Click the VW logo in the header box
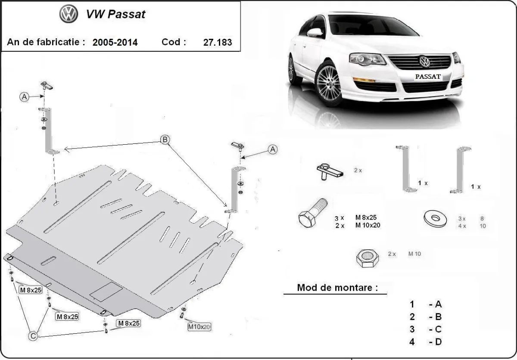click(x=69, y=15)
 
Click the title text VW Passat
click(x=116, y=14)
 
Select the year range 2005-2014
click(x=115, y=42)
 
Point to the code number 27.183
click(x=217, y=42)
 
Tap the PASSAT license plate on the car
click(x=427, y=77)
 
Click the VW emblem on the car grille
click(x=425, y=62)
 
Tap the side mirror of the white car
click(x=315, y=33)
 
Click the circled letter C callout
click(x=32, y=335)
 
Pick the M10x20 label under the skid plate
click(x=199, y=327)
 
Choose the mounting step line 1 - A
click(x=426, y=304)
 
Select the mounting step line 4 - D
click(x=426, y=342)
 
